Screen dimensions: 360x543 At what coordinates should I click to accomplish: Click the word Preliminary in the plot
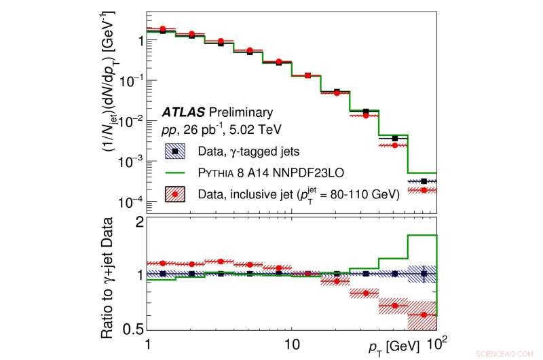pyautogui.click(x=240, y=112)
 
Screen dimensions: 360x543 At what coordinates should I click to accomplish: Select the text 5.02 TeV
pyautogui.click(x=257, y=128)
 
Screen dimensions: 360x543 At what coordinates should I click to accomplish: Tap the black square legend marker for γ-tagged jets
pyautogui.click(x=176, y=150)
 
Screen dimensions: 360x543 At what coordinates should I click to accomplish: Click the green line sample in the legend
pyautogui.click(x=176, y=173)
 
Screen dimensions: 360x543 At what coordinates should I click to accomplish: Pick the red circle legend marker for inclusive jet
pyautogui.click(x=176, y=195)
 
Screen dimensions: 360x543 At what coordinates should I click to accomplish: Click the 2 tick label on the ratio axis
pyautogui.click(x=138, y=222)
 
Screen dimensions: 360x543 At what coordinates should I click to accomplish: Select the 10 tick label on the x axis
pyautogui.click(x=291, y=344)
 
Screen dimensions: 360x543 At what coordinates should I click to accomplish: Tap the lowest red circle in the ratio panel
pyautogui.click(x=424, y=314)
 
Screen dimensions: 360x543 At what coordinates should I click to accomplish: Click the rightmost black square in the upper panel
pyautogui.click(x=424, y=181)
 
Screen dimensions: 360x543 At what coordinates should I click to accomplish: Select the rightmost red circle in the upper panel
pyautogui.click(x=424, y=190)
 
